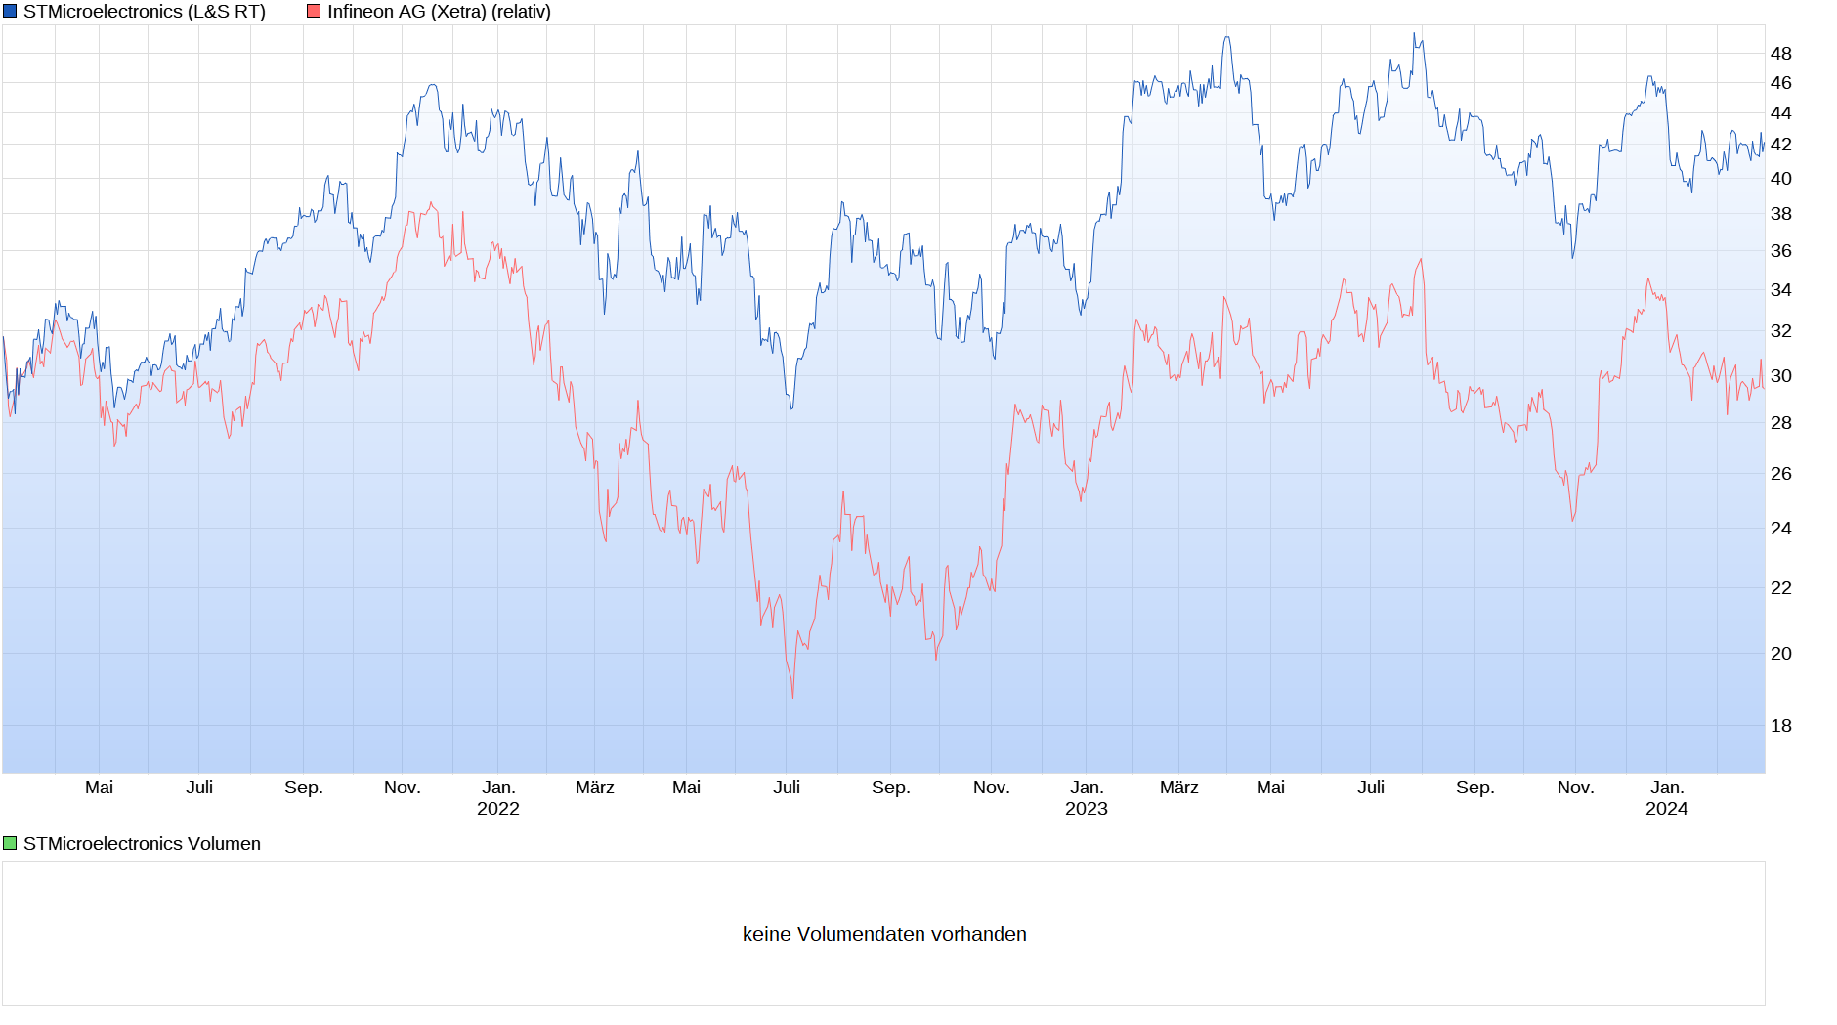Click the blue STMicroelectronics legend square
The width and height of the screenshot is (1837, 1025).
point(10,12)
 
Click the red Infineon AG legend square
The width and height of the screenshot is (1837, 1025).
point(314,12)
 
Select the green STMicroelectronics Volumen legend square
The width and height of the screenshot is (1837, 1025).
point(10,843)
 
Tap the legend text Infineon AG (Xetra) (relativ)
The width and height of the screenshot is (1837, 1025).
point(439,12)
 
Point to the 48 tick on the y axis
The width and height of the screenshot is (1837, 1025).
point(1780,54)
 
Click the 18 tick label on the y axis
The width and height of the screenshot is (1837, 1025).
point(1780,726)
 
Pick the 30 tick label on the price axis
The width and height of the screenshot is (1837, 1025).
point(1780,376)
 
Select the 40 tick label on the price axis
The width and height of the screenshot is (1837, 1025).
point(1780,179)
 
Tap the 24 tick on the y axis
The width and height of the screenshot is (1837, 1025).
point(1780,529)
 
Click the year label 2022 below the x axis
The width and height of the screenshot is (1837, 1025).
point(498,809)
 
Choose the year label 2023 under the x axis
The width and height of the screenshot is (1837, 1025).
point(1086,809)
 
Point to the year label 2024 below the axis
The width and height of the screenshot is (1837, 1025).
point(1666,809)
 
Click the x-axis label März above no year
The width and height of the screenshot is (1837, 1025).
point(594,788)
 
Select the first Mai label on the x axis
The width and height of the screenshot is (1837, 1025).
point(99,788)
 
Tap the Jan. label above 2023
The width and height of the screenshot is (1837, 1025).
point(1086,788)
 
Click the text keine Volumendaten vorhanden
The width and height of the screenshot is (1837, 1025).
point(884,934)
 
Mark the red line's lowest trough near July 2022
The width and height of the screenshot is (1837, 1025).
point(792,697)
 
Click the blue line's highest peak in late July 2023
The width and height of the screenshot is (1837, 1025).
point(1414,34)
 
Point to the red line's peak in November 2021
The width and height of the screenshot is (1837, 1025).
point(431,203)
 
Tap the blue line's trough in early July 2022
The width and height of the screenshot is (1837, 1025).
point(791,407)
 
